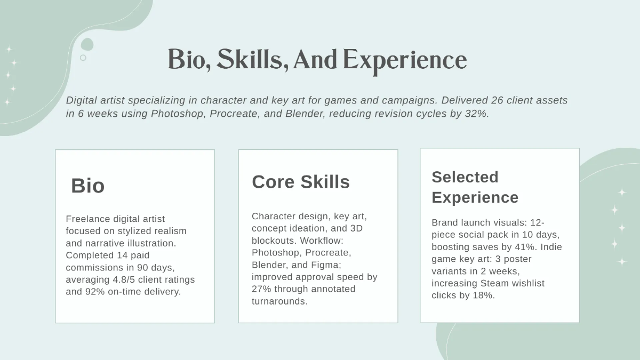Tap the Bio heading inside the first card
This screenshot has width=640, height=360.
pos(88,186)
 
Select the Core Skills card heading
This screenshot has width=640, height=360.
pos(301,182)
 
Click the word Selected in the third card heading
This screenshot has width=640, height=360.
pos(465,177)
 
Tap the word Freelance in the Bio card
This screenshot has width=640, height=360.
pos(87,219)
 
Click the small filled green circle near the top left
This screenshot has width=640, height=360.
pos(87,44)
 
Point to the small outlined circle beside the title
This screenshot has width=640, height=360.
pos(83,58)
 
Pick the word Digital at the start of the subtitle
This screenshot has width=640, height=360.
pos(82,100)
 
